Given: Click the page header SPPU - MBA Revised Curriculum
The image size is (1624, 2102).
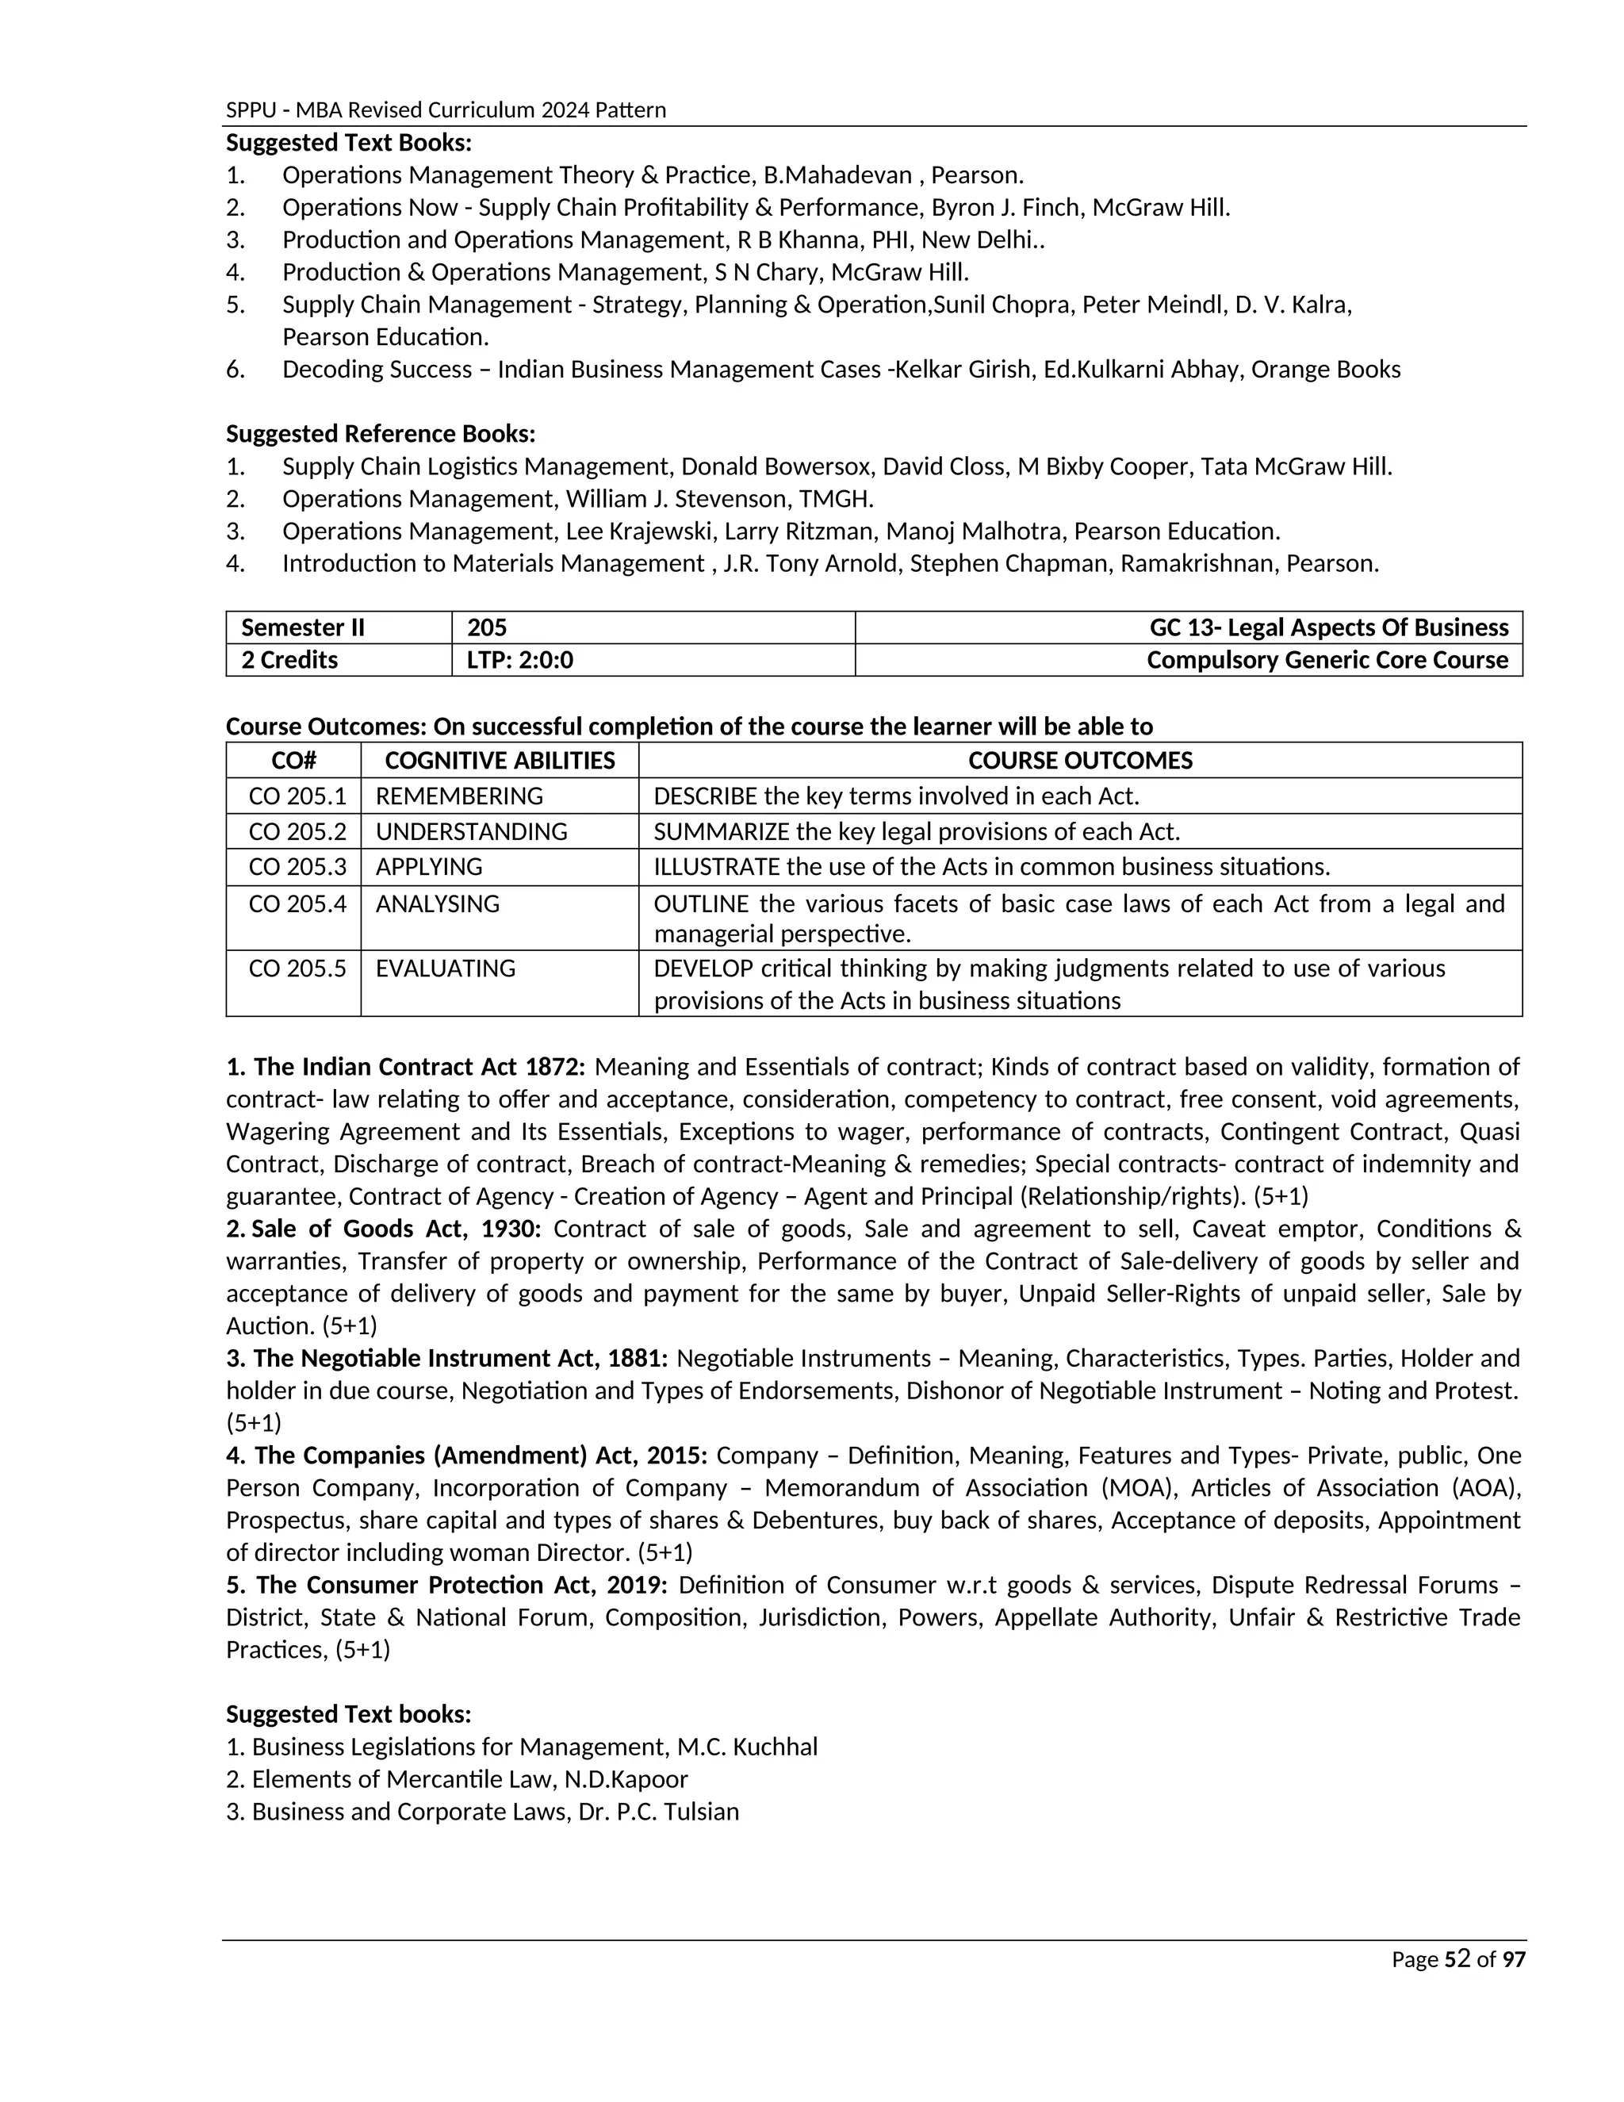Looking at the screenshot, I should pos(446,109).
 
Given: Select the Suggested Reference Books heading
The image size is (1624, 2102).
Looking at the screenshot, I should pos(380,434).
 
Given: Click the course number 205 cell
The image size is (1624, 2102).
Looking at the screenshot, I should pos(487,627).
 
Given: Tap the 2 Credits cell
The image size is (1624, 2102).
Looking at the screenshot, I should pos(289,660).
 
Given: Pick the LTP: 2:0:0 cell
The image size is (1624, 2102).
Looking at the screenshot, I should pos(519,660).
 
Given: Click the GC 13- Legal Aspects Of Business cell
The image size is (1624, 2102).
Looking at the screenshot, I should pos(1329,627).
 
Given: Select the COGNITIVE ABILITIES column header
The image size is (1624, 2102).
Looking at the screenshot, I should pos(500,761).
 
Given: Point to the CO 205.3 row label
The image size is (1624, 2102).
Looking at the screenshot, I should pos(297,866).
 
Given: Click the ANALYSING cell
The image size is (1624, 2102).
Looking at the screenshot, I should pos(437,903).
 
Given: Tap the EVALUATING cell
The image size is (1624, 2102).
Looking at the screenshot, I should pos(445,969).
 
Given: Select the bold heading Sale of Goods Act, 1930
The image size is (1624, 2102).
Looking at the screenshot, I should pos(396,1229).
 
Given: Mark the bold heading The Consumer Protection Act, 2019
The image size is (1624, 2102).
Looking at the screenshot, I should pos(446,1585).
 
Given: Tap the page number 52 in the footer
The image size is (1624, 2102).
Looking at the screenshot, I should pos(1457,1958).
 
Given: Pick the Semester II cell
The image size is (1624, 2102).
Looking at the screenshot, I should pos(302,627).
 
